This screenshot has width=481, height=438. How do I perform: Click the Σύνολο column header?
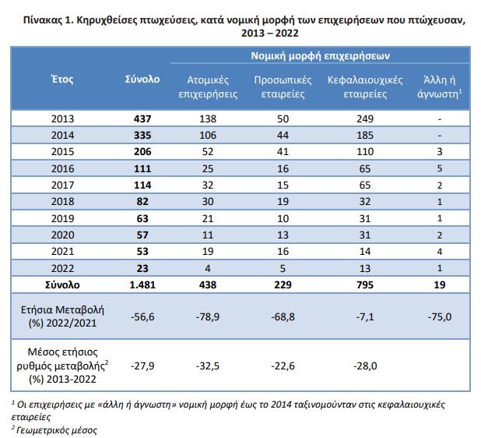142,79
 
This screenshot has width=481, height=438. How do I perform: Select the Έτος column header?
62,79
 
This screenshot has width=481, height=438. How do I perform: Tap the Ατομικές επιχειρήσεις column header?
208,87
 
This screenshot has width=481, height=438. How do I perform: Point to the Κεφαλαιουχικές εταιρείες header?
365,87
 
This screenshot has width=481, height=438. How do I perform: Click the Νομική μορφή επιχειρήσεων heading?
320,56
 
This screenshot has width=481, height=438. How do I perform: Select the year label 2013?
62,119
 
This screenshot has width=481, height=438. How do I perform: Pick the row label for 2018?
62,202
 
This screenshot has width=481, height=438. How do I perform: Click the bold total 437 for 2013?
142,119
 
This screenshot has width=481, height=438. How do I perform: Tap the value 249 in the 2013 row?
365,119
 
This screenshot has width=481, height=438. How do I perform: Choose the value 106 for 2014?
208,135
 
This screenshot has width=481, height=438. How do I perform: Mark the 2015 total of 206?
142,152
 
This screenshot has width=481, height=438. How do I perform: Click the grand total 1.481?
142,285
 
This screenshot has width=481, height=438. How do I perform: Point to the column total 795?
365,285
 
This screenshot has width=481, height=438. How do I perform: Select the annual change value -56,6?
142,316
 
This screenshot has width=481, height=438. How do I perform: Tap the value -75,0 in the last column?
440,316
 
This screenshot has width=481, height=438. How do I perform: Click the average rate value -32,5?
208,366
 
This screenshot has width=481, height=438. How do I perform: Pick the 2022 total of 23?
142,268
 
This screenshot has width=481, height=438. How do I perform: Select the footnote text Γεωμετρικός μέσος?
57,430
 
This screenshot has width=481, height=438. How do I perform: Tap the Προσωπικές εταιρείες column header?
283,87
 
